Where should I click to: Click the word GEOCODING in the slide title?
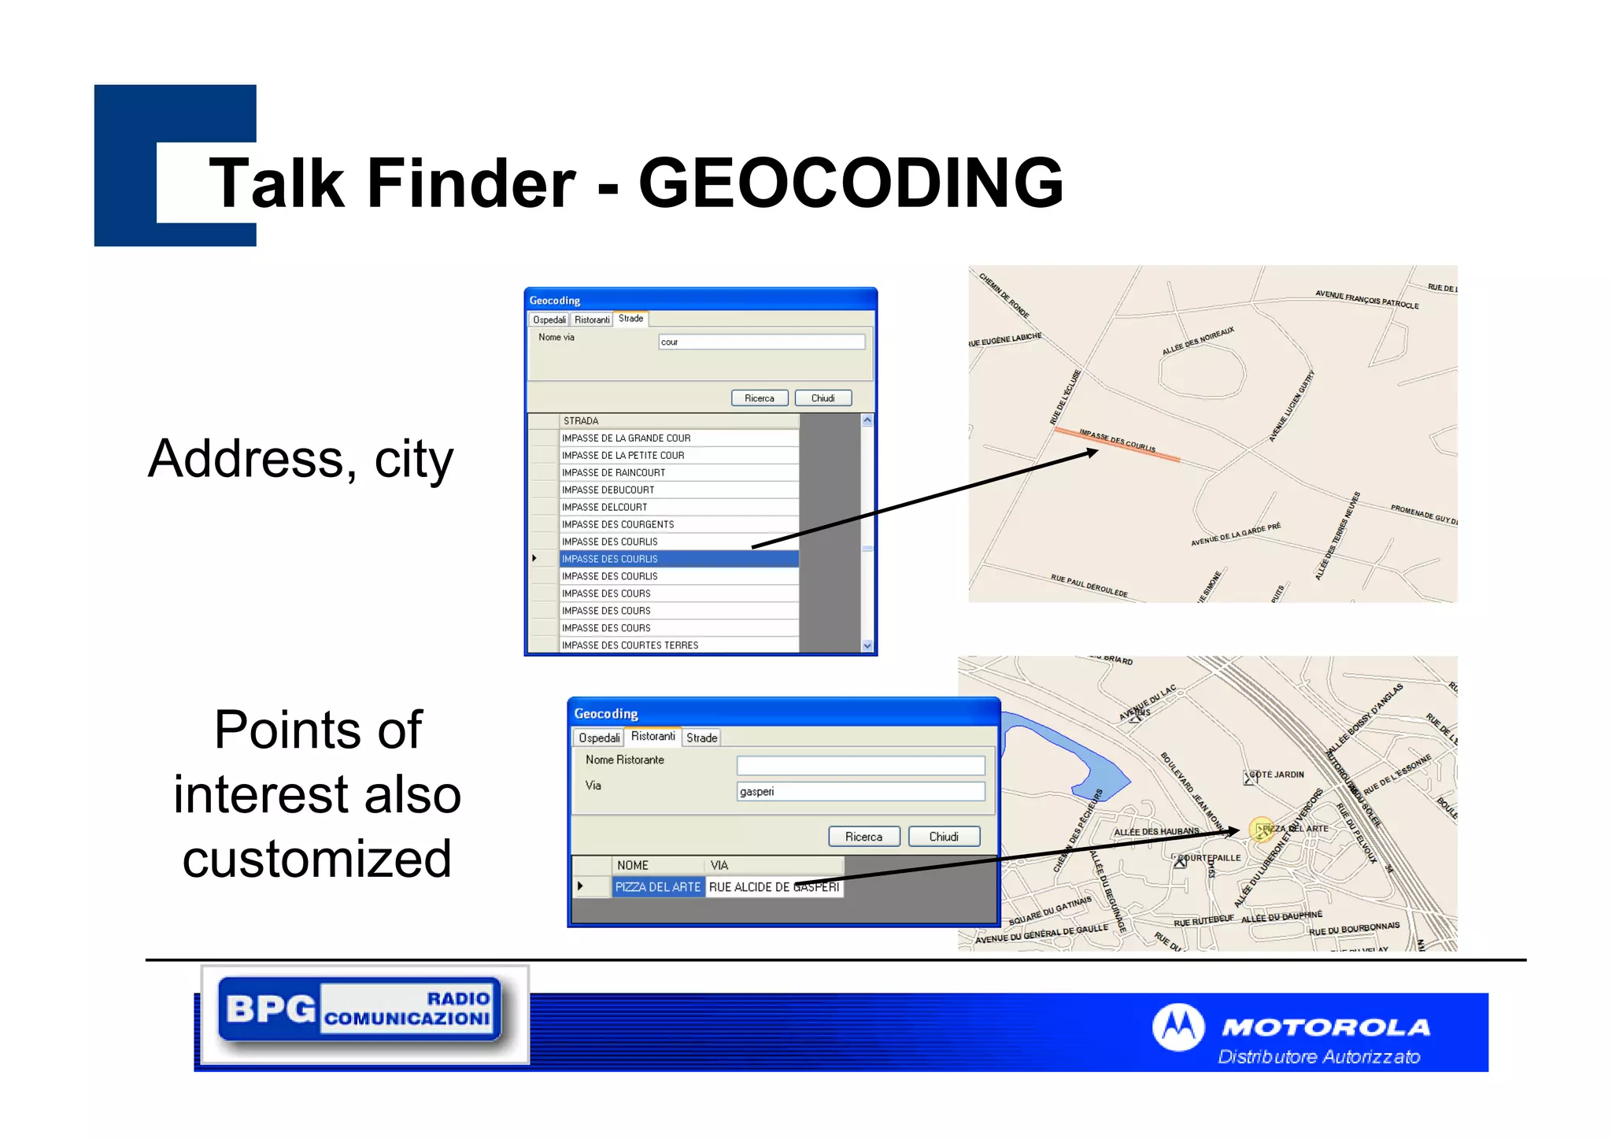850,183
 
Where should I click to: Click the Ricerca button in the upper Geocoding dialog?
759,398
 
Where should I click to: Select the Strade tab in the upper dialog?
630,319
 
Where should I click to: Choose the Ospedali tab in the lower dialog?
598,738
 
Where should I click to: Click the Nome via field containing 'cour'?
761,342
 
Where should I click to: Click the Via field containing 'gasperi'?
860,791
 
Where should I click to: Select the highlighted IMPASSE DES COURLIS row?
678,559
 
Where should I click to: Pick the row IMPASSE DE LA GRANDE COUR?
678,438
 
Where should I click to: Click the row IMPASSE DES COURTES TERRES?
678,645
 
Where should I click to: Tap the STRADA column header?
678,421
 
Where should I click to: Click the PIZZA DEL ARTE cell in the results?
657,887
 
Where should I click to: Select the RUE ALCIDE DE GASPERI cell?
774,887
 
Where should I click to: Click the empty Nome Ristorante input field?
860,765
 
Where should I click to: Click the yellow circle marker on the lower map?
1262,830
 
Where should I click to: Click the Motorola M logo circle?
1178,1027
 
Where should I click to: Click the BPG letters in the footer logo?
269,1009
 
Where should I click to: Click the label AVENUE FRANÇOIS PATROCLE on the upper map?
1366,300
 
